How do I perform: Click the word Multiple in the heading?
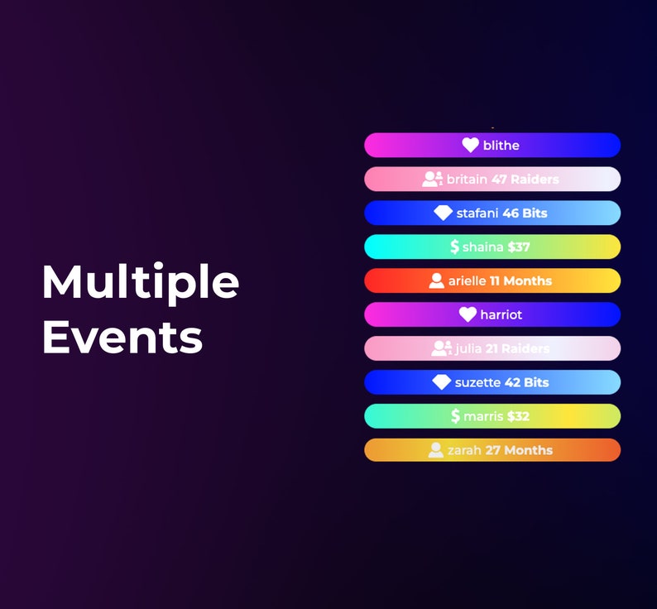140,282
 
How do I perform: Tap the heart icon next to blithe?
470,145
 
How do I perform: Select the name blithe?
501,145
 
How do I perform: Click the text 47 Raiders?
525,179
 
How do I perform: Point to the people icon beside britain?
432,179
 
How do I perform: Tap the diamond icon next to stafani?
443,213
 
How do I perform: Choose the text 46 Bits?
525,213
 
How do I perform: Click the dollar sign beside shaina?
454,247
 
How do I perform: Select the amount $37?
519,247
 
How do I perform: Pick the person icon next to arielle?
436,281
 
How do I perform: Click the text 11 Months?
520,281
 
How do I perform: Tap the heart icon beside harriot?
468,314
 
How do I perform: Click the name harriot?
501,314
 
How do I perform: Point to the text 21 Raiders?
517,348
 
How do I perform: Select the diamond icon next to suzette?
441,382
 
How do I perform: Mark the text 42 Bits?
526,382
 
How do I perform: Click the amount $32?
518,416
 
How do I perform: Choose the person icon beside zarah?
435,450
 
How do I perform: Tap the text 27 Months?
519,450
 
